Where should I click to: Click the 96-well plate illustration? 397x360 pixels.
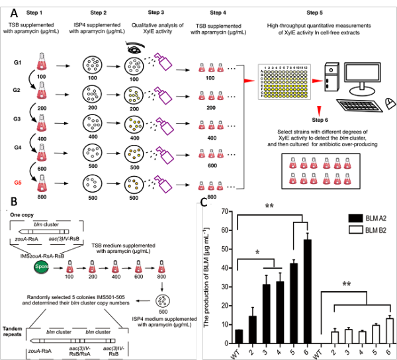283,79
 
